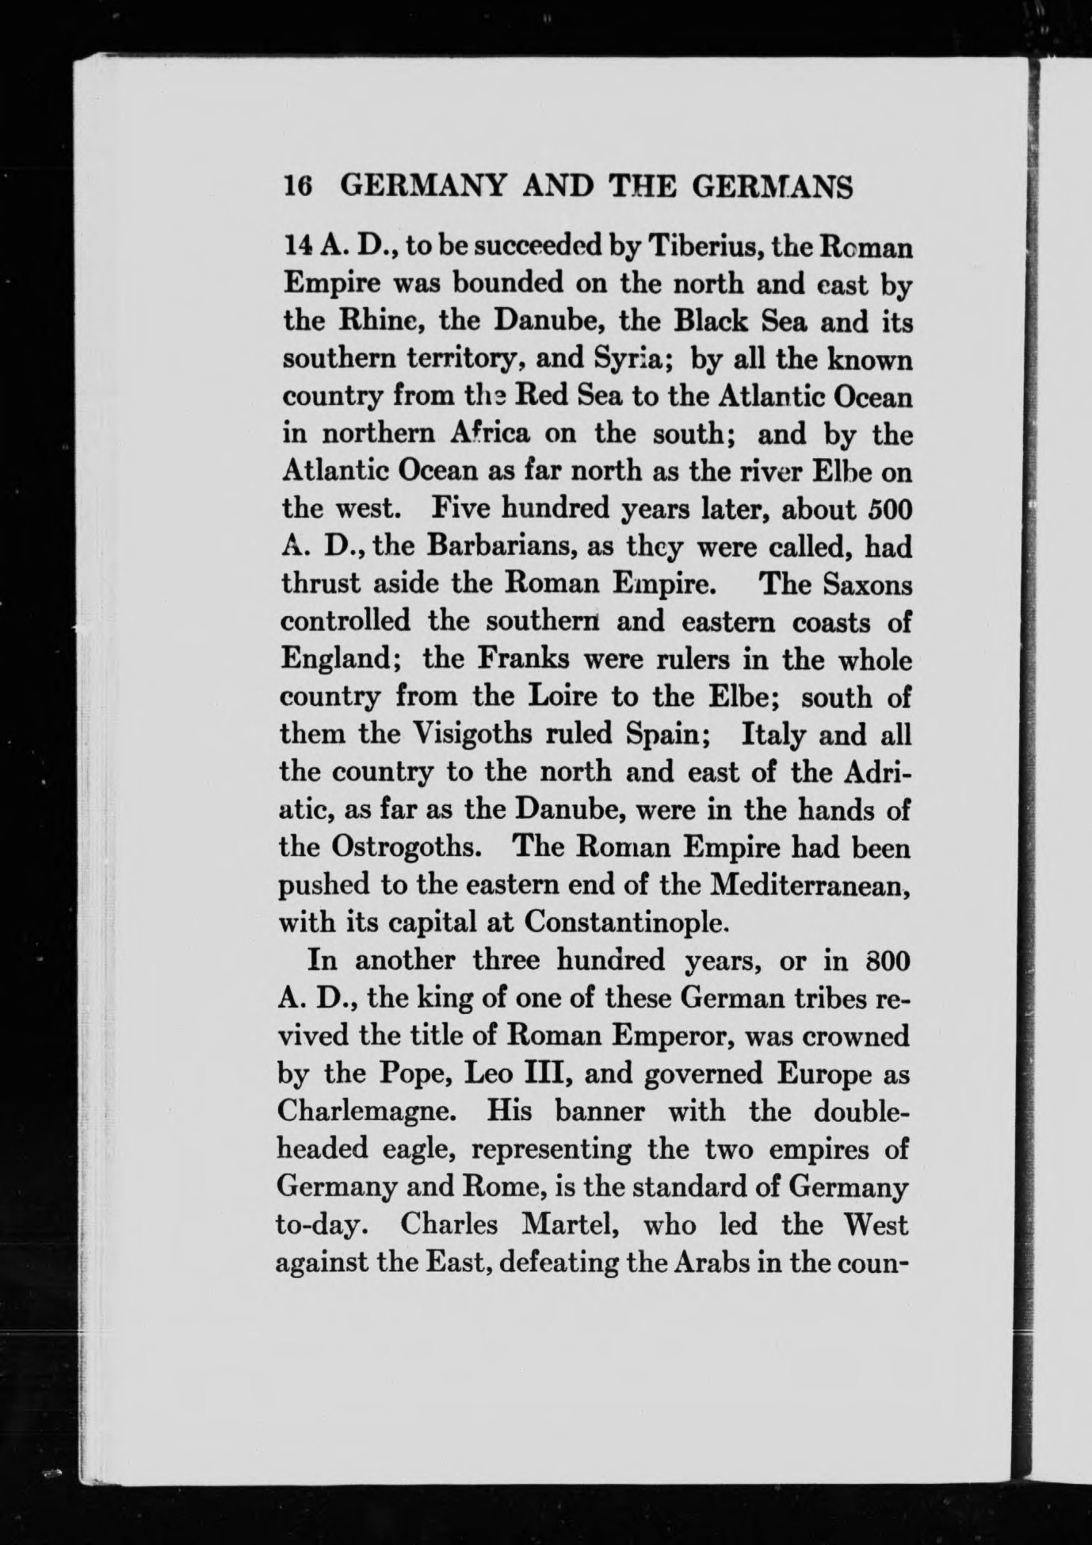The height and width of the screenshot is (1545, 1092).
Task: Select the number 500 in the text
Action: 886,510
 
